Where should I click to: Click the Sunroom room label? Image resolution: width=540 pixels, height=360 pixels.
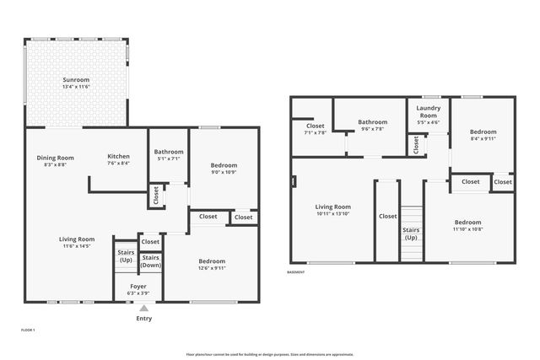pos(76,79)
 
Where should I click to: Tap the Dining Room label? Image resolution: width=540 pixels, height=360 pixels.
pos(55,157)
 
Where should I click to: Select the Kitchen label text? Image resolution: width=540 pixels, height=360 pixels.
pos(118,157)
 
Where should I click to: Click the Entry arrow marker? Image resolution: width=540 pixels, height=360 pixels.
pos(143,308)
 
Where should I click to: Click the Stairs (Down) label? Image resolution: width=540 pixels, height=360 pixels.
pos(151,261)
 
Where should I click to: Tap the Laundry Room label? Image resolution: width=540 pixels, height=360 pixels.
pos(429,112)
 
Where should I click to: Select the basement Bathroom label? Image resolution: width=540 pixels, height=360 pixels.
pos(373,122)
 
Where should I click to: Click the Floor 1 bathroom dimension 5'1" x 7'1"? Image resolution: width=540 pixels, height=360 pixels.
pos(168,159)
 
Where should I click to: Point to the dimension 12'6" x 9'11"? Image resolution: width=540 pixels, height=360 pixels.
pos(212,268)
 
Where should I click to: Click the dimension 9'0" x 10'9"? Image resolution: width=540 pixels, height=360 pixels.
pos(224,172)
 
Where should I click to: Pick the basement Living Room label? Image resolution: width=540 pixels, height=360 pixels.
pos(333,207)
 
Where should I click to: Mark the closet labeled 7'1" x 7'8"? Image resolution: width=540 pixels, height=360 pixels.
pos(315,132)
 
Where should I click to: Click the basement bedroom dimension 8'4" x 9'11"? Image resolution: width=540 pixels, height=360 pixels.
pos(483,139)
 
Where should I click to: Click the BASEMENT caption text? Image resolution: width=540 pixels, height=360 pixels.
pos(296,272)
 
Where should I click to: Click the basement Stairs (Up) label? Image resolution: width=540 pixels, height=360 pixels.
pos(411,234)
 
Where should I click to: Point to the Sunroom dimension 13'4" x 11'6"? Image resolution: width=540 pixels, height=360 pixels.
pos(76,87)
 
